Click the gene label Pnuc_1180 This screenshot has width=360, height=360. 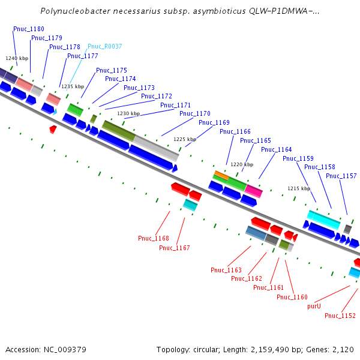(29, 29)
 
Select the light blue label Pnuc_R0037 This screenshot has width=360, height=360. (104, 46)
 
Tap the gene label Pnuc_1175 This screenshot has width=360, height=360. (112, 70)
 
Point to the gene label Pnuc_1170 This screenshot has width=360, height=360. (194, 113)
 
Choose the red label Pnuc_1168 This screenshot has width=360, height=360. (154, 238)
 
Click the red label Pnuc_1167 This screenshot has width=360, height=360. (174, 248)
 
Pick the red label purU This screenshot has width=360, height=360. (314, 306)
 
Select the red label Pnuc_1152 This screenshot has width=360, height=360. (340, 316)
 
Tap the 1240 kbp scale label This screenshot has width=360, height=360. (17, 58)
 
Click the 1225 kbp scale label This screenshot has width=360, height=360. (185, 139)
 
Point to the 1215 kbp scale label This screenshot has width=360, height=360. (299, 188)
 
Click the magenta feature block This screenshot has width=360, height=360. (253, 191)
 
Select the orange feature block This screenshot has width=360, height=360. (221, 175)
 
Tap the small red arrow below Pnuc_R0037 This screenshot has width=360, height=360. (53, 129)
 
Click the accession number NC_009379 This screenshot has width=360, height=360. (65, 350)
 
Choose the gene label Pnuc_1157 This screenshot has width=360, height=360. (341, 176)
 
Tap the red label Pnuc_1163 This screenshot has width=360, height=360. (226, 270)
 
